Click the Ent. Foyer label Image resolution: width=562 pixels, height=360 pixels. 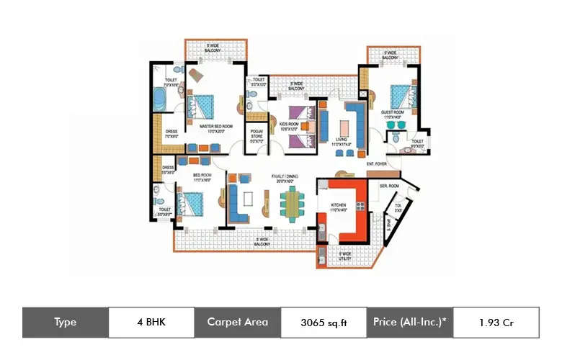(377, 164)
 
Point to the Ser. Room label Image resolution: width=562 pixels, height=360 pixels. (389, 186)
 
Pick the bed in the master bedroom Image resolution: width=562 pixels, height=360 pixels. (203, 107)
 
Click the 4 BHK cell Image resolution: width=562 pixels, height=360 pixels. (151, 322)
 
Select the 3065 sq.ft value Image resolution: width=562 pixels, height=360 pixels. (324, 323)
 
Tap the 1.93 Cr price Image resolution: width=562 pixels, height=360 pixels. (496, 323)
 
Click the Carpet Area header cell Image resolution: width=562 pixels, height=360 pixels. (237, 322)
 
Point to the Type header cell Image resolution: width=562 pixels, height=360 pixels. (65, 322)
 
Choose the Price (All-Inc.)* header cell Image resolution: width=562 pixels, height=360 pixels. (410, 322)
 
